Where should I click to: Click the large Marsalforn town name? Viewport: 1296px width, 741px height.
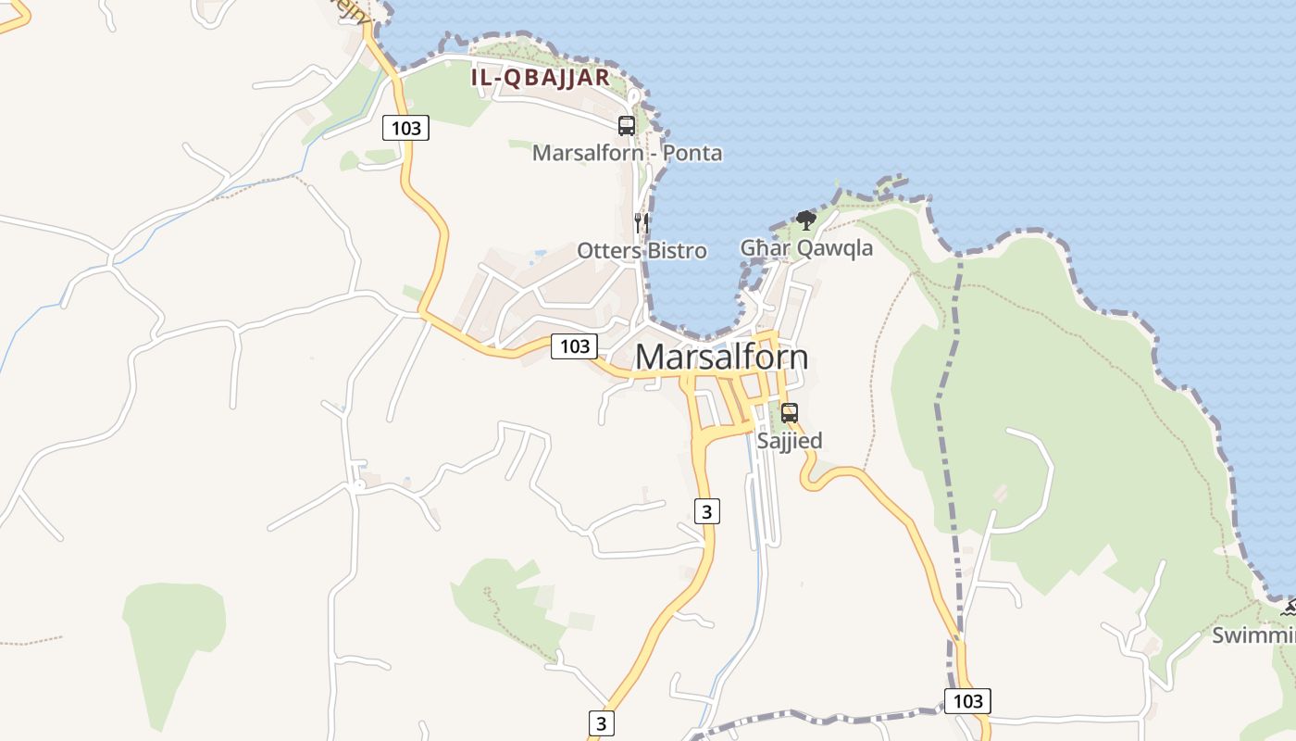[721, 358]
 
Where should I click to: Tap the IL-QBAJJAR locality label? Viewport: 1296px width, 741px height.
[541, 78]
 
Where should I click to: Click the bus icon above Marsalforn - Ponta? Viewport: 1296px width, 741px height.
[627, 126]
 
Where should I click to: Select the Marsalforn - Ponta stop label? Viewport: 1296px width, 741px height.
[627, 153]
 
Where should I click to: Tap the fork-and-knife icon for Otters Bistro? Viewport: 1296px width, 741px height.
[641, 223]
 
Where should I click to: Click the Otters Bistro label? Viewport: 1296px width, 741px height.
[642, 250]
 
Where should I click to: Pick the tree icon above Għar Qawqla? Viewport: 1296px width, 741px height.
[806, 220]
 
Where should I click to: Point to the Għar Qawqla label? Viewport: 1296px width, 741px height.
[806, 247]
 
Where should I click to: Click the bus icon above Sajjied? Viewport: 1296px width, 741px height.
[790, 413]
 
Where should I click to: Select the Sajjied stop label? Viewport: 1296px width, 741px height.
[790, 441]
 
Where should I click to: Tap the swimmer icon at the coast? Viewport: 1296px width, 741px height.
[1288, 609]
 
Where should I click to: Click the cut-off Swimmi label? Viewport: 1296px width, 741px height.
[1254, 635]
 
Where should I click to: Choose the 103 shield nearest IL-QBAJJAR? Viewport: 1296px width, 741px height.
[406, 128]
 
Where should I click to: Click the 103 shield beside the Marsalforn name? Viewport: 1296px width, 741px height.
[575, 346]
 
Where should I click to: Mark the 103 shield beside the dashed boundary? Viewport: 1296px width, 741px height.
[967, 701]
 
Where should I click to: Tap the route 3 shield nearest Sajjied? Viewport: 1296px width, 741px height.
[706, 510]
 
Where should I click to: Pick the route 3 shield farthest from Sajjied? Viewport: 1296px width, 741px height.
[601, 723]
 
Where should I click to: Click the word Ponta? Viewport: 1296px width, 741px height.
[692, 153]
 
